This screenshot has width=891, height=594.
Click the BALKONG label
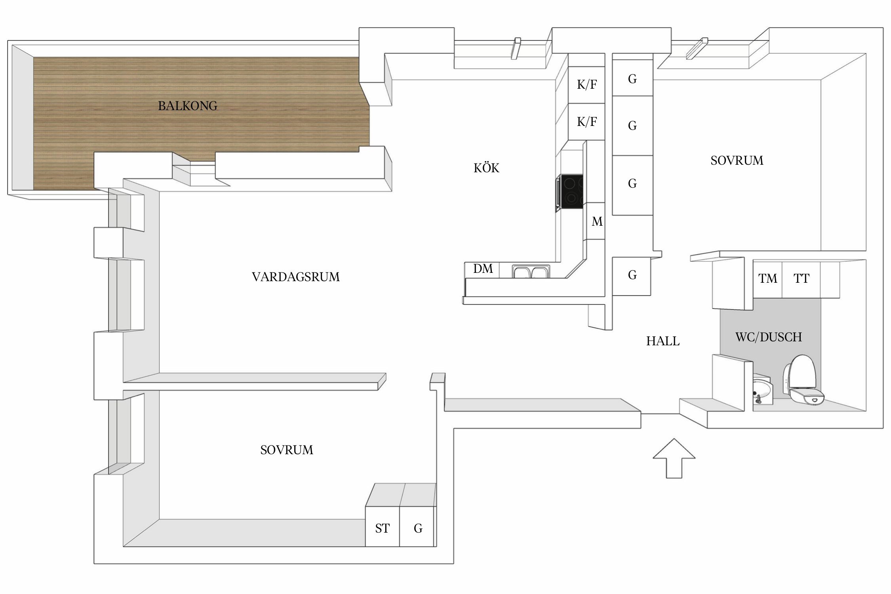point(188,106)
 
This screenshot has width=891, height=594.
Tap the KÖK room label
point(486,168)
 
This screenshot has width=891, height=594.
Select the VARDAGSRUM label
point(296,277)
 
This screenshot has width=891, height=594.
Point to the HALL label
point(663,341)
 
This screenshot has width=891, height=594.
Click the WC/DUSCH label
point(769,337)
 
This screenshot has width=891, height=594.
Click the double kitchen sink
point(531,272)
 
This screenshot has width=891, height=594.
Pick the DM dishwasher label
point(483,269)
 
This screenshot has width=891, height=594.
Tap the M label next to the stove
point(597,222)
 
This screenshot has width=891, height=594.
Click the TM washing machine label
point(768,278)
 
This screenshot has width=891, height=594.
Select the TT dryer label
point(802,278)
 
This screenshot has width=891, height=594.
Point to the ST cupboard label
point(383,528)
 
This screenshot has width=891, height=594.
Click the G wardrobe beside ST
point(418,528)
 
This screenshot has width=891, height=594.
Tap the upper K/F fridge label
point(587,84)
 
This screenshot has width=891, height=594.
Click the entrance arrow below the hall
point(674,458)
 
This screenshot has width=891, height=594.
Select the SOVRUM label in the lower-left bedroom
point(287,450)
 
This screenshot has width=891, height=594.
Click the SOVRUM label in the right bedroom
point(737,160)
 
